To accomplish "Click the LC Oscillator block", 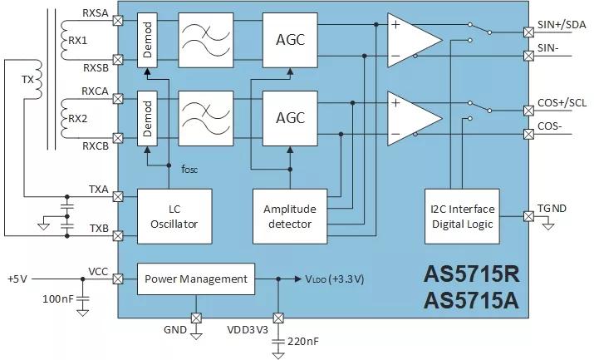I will [174, 216].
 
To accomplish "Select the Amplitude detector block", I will [290, 216].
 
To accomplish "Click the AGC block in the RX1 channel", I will [290, 39].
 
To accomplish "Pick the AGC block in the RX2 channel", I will [290, 117].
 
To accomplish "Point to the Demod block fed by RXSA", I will [148, 39].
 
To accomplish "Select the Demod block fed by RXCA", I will [148, 117].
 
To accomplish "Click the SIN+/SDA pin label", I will [562, 25].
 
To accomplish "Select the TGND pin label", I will [552, 208].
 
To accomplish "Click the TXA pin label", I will [99, 189].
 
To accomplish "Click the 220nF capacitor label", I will [303, 341].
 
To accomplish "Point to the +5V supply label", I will [19, 278].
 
